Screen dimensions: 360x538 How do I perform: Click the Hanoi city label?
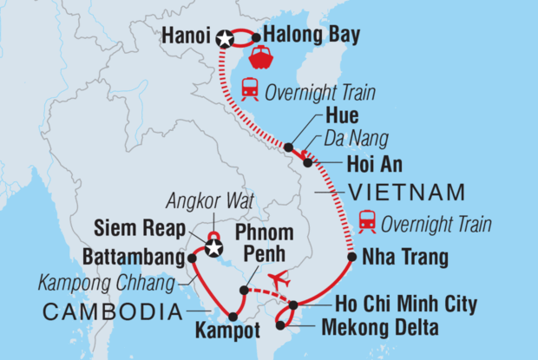186,37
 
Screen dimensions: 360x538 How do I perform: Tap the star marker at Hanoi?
226,38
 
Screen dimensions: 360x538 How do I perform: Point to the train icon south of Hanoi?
250,88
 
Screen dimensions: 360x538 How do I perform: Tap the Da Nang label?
351,139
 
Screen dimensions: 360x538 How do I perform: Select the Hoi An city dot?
307,162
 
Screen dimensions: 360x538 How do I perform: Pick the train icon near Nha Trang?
367,223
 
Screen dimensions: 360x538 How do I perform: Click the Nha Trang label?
404,258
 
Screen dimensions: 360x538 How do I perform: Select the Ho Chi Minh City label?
393,304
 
